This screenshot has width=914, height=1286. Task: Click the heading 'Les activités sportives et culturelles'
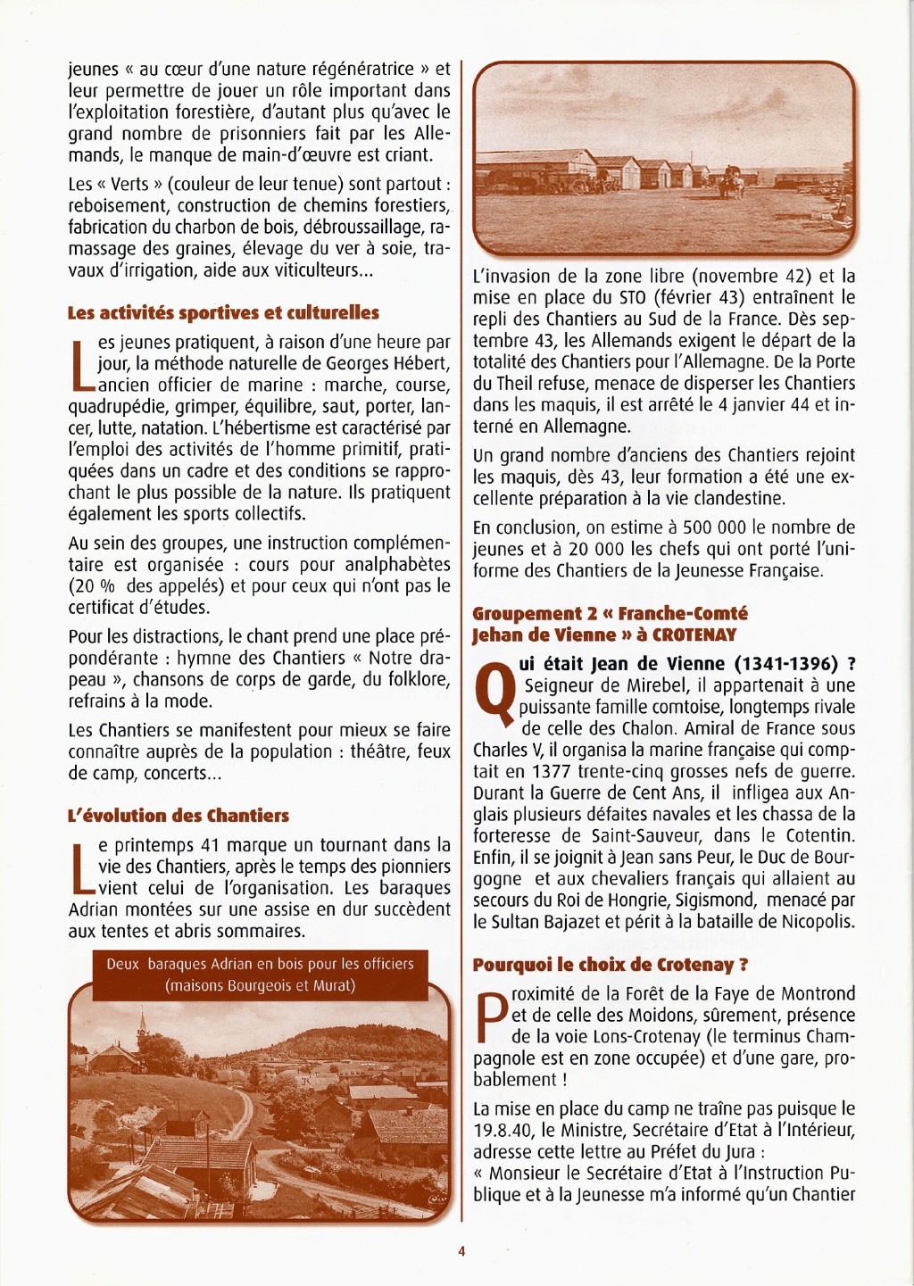point(223,313)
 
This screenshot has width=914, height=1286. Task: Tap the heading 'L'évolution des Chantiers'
point(179,816)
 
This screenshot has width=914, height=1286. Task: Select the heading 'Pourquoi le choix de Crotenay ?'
point(611,965)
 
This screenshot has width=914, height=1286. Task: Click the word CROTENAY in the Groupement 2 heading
point(694,635)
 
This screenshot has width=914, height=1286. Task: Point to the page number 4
point(461,1251)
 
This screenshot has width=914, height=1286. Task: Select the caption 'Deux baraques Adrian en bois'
point(260,964)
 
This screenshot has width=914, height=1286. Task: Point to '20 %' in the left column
point(93,587)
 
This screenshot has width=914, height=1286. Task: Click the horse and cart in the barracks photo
point(732,181)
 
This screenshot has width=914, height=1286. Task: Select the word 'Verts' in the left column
point(130,185)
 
